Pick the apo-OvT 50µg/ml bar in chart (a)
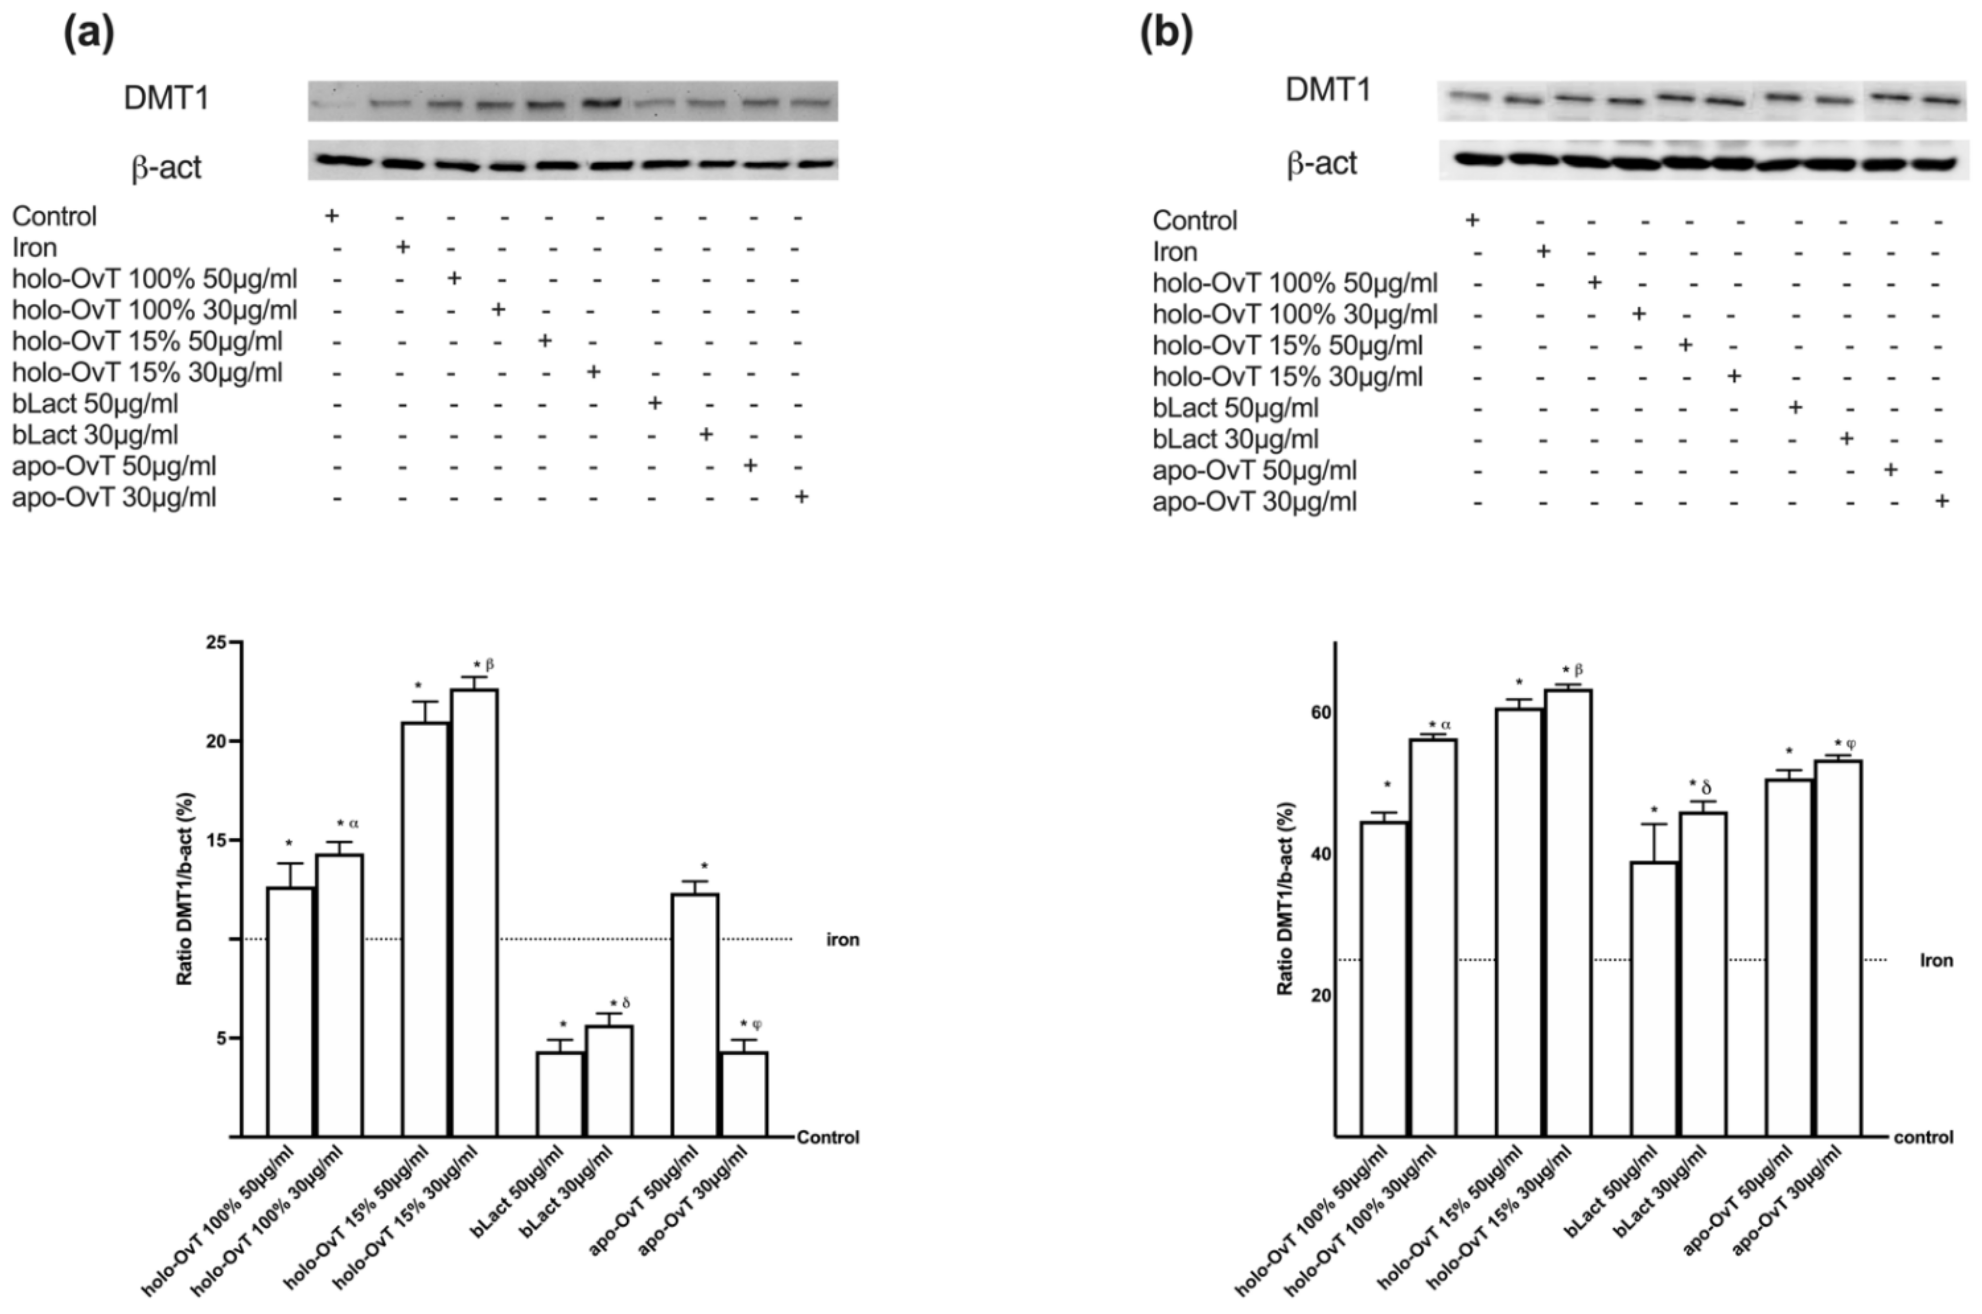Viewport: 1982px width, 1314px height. click(x=695, y=1014)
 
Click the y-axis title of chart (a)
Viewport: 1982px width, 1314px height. click(x=185, y=888)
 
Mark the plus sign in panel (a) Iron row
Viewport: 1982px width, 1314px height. click(x=402, y=247)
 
